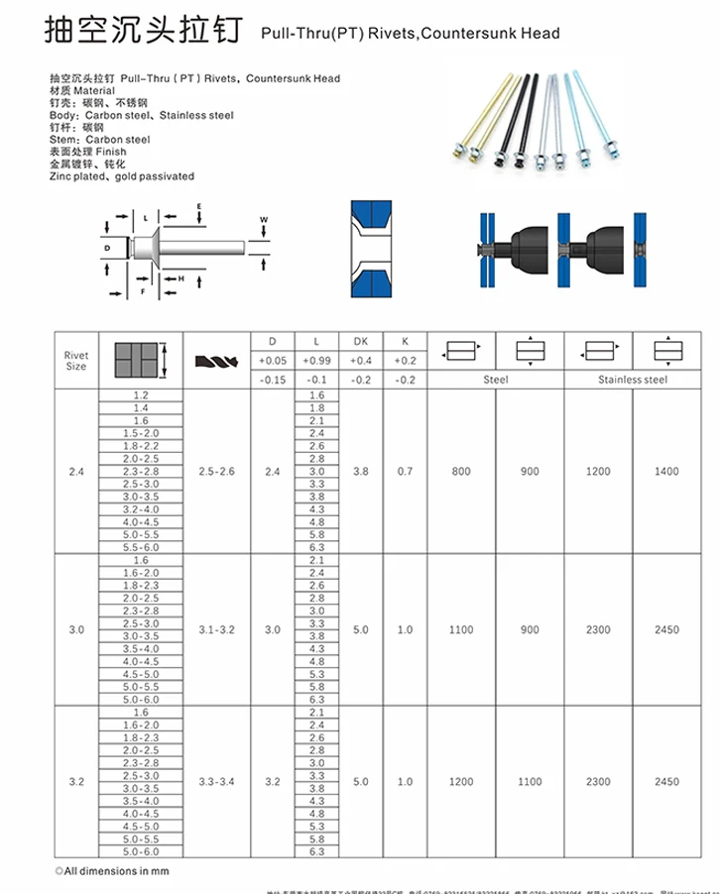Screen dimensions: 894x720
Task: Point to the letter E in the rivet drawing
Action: (199, 205)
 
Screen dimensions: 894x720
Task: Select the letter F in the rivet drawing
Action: (145, 292)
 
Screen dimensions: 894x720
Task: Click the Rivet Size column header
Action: (75, 360)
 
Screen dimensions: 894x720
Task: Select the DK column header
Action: (360, 341)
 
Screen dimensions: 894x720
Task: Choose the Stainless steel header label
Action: (632, 380)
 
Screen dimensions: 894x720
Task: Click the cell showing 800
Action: (461, 472)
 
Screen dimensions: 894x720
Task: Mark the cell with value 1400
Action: (666, 472)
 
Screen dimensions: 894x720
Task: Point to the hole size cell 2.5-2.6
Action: (217, 472)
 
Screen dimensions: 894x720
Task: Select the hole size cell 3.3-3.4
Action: (217, 782)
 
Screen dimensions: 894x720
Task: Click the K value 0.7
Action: (405, 472)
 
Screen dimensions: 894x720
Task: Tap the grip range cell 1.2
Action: (141, 395)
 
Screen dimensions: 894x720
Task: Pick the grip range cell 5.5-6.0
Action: (141, 547)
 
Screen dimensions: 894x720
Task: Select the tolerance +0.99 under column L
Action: (316, 360)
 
